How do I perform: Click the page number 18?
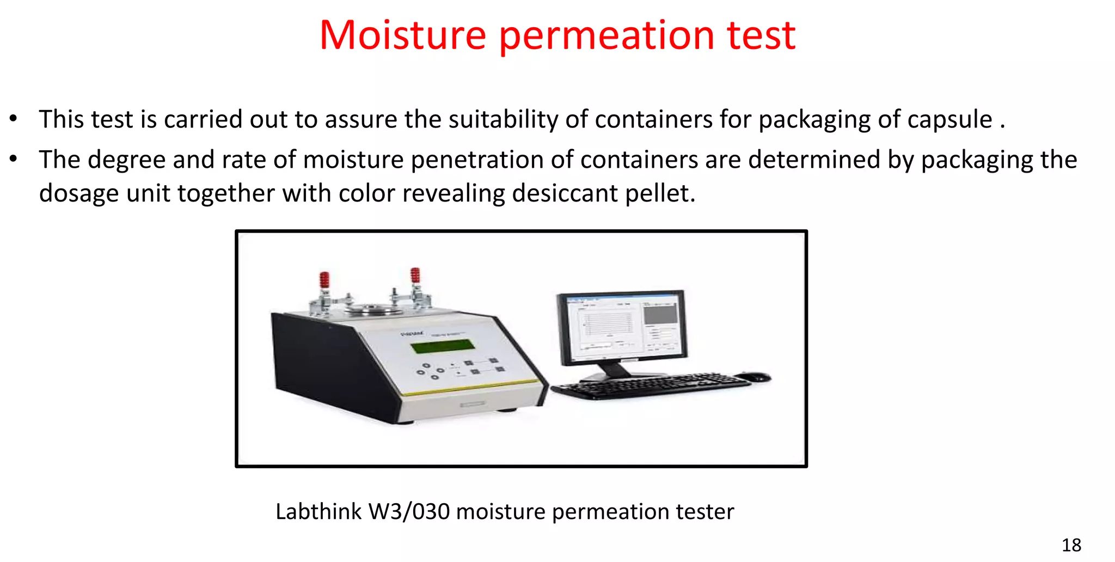point(1071,545)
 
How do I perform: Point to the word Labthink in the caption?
point(318,511)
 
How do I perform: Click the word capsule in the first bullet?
point(949,119)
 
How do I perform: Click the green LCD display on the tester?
point(442,346)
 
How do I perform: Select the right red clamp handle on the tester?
point(415,276)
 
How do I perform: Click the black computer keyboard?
point(651,386)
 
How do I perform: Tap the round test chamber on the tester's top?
point(370,310)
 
